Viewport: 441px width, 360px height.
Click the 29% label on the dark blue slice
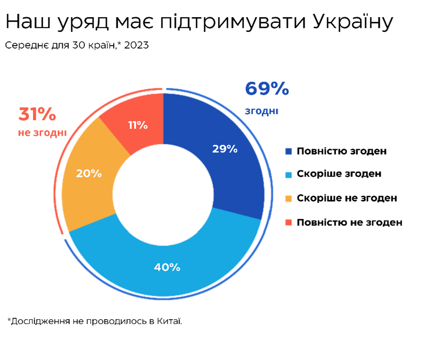[x=225, y=149]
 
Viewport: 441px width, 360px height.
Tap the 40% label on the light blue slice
[x=167, y=267]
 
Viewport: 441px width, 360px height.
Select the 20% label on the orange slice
[x=89, y=173]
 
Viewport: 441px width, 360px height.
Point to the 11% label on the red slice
[x=138, y=125]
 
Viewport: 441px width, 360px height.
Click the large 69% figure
[x=266, y=89]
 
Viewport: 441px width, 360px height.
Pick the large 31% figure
[x=37, y=114]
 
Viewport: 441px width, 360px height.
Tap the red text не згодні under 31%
[x=42, y=133]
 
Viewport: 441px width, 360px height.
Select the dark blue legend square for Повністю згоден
[x=288, y=152]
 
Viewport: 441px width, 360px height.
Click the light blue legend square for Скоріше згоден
[x=288, y=174]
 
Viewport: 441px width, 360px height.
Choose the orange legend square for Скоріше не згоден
[x=288, y=198]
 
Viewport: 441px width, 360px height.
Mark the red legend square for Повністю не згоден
[x=288, y=222]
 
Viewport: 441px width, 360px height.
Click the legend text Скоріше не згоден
[x=347, y=198]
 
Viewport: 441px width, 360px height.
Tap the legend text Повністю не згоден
[x=349, y=222]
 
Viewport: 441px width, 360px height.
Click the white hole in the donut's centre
[x=163, y=195]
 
